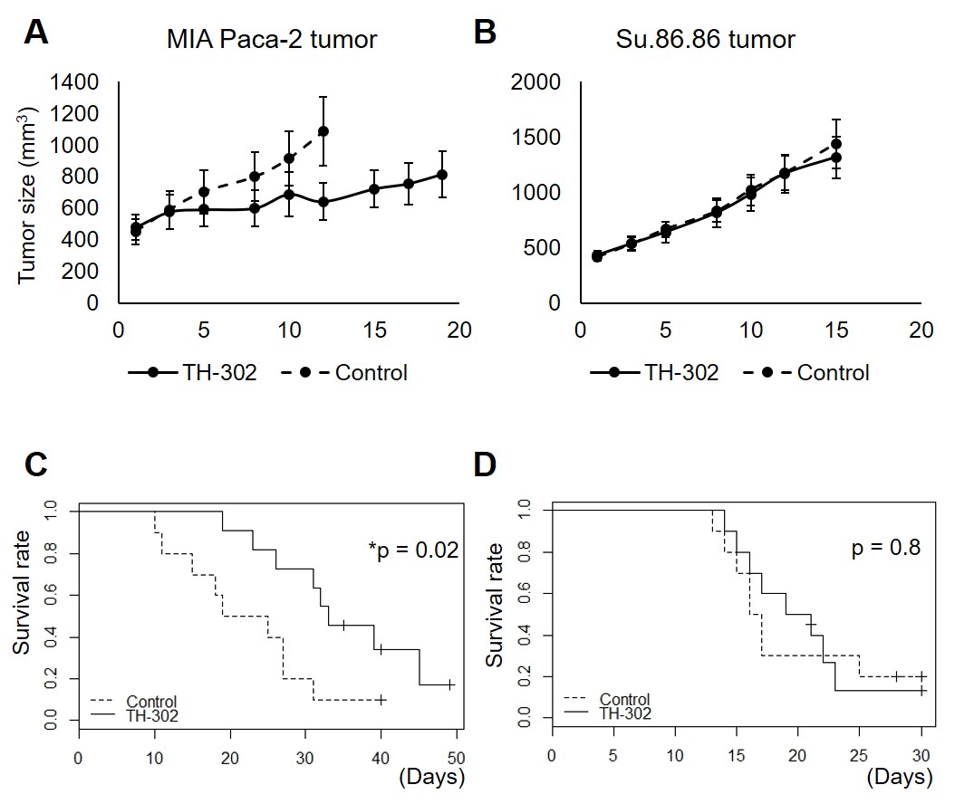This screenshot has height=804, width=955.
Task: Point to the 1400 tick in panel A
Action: (x=75, y=82)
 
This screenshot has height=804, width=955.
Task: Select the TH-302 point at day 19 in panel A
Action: (x=442, y=174)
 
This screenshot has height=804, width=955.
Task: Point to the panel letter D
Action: (x=486, y=464)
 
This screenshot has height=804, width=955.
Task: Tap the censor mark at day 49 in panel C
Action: (x=449, y=684)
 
